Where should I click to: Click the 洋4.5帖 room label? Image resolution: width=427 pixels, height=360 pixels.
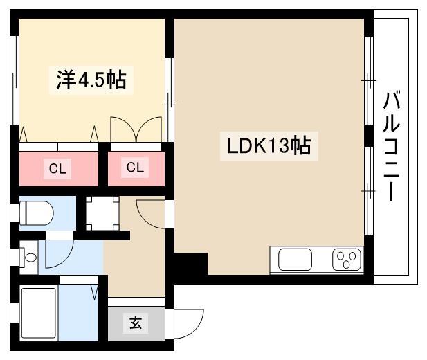click(91, 80)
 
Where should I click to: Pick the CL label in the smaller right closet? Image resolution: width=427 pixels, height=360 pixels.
click(135, 168)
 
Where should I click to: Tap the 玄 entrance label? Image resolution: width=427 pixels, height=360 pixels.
click(136, 323)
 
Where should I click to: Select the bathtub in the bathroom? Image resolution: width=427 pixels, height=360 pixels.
click(39, 312)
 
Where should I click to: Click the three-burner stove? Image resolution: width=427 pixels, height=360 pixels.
click(347, 260)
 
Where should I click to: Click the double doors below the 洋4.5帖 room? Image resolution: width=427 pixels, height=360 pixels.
click(136, 129)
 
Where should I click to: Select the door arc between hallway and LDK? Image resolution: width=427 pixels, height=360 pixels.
click(151, 211)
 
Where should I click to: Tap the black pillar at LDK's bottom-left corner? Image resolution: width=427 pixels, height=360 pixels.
click(191, 266)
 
